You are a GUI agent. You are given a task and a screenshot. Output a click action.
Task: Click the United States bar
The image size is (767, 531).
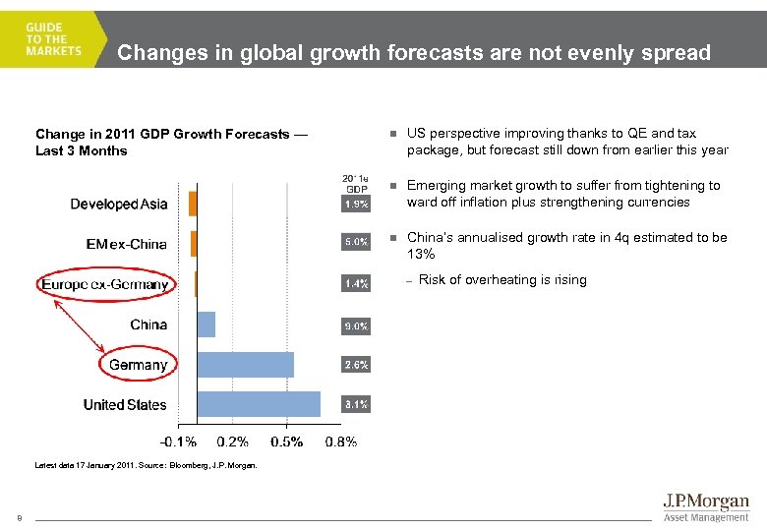pos(259,404)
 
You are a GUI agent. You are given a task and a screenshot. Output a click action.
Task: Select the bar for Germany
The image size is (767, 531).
pos(246,365)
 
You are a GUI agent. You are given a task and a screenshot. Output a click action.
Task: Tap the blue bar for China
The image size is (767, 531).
pos(206,324)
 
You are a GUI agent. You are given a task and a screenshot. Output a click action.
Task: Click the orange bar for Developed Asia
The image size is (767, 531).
pos(193,204)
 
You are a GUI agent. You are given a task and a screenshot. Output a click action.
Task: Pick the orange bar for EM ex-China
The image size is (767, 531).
pos(194,243)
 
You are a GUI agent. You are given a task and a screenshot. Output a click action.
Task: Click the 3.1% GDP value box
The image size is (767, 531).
pos(356,404)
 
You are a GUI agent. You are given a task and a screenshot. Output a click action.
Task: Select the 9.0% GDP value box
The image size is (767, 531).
pos(356,324)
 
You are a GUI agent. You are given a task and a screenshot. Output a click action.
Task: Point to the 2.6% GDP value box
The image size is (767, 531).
pos(356,365)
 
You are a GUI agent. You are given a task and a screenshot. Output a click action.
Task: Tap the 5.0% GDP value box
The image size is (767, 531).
pos(356,241)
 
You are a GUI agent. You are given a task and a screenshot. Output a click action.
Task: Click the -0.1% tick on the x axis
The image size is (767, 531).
pos(178,442)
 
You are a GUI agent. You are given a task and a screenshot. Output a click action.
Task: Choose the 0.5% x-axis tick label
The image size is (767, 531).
pos(286,442)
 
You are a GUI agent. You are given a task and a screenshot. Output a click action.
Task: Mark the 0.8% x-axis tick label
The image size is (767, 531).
pos(340,442)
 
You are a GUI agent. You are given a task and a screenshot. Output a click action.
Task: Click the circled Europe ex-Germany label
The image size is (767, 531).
pos(105,285)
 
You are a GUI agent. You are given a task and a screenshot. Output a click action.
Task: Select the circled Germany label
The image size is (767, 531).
pos(138,365)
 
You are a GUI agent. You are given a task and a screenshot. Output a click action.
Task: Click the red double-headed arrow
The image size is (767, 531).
pos(79,324)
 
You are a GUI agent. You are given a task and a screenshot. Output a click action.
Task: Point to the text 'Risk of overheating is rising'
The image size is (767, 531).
pos(502,280)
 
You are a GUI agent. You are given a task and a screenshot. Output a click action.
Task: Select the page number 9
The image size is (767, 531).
pos(18,518)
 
